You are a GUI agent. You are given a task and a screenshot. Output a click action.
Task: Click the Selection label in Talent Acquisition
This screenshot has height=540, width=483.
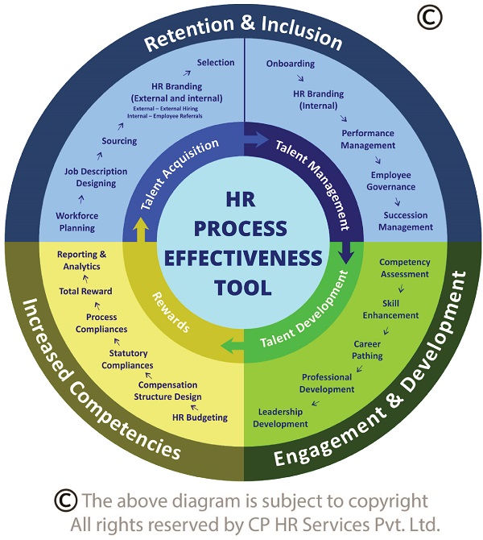(x=215, y=62)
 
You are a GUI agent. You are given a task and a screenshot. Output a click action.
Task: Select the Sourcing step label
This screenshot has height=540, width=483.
(x=119, y=141)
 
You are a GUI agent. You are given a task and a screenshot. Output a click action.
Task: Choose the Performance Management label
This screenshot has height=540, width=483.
(x=368, y=139)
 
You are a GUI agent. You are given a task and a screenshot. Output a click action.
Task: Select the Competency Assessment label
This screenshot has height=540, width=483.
(x=405, y=268)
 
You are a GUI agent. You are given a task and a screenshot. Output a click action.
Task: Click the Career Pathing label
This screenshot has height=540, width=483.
(x=368, y=350)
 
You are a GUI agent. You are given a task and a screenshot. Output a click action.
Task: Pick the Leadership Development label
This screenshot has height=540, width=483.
(x=281, y=418)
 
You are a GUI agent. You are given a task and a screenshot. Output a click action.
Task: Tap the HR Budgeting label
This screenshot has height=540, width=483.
(x=200, y=417)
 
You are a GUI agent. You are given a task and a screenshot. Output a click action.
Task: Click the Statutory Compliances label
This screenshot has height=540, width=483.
(x=127, y=359)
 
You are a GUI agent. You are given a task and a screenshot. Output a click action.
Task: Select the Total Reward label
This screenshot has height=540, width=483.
(x=85, y=291)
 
